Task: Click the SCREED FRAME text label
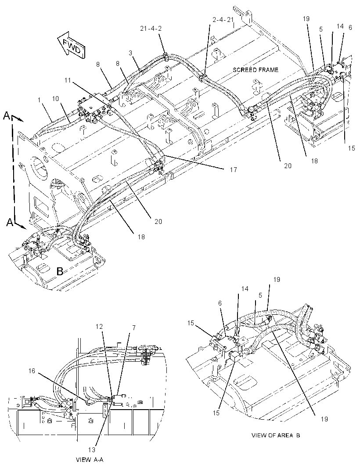coord(256,70)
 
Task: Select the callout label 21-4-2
coord(151,29)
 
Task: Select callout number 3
coord(130,53)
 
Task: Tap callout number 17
coord(233,169)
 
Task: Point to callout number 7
coord(134,328)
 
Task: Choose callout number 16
coord(32,371)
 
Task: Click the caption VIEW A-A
coord(90,459)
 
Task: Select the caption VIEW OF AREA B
coord(276,435)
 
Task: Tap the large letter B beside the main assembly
coord(60,271)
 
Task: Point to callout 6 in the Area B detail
coord(220,303)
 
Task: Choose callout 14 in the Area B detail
coord(245,288)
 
